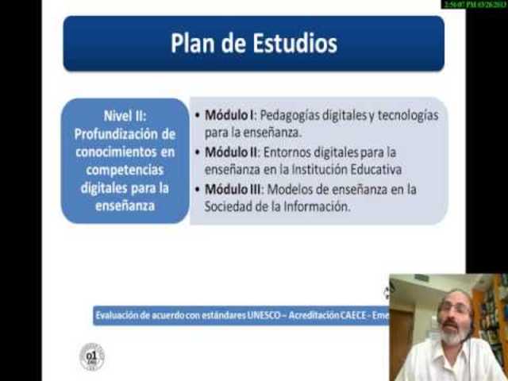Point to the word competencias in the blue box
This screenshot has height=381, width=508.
pos(125,169)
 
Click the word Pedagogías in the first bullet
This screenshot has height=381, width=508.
pos(305,115)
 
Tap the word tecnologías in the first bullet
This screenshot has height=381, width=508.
pos(406,115)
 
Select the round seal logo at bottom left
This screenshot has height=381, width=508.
pos(92,356)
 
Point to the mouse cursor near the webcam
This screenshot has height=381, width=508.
pos(387,292)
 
